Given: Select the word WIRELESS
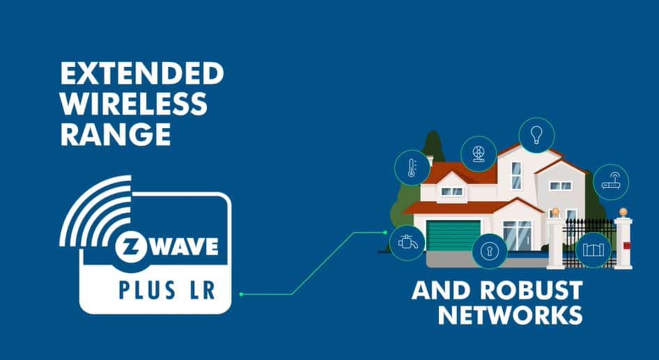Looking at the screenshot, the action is point(134,104).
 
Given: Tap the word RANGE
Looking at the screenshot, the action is point(116,134).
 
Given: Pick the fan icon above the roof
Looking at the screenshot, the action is point(479,154).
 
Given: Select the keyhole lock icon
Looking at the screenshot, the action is point(490,251).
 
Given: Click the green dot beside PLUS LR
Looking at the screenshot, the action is point(241,295).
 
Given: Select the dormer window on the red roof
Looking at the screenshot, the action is point(451,190).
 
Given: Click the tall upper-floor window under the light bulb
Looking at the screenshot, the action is point(516,175).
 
